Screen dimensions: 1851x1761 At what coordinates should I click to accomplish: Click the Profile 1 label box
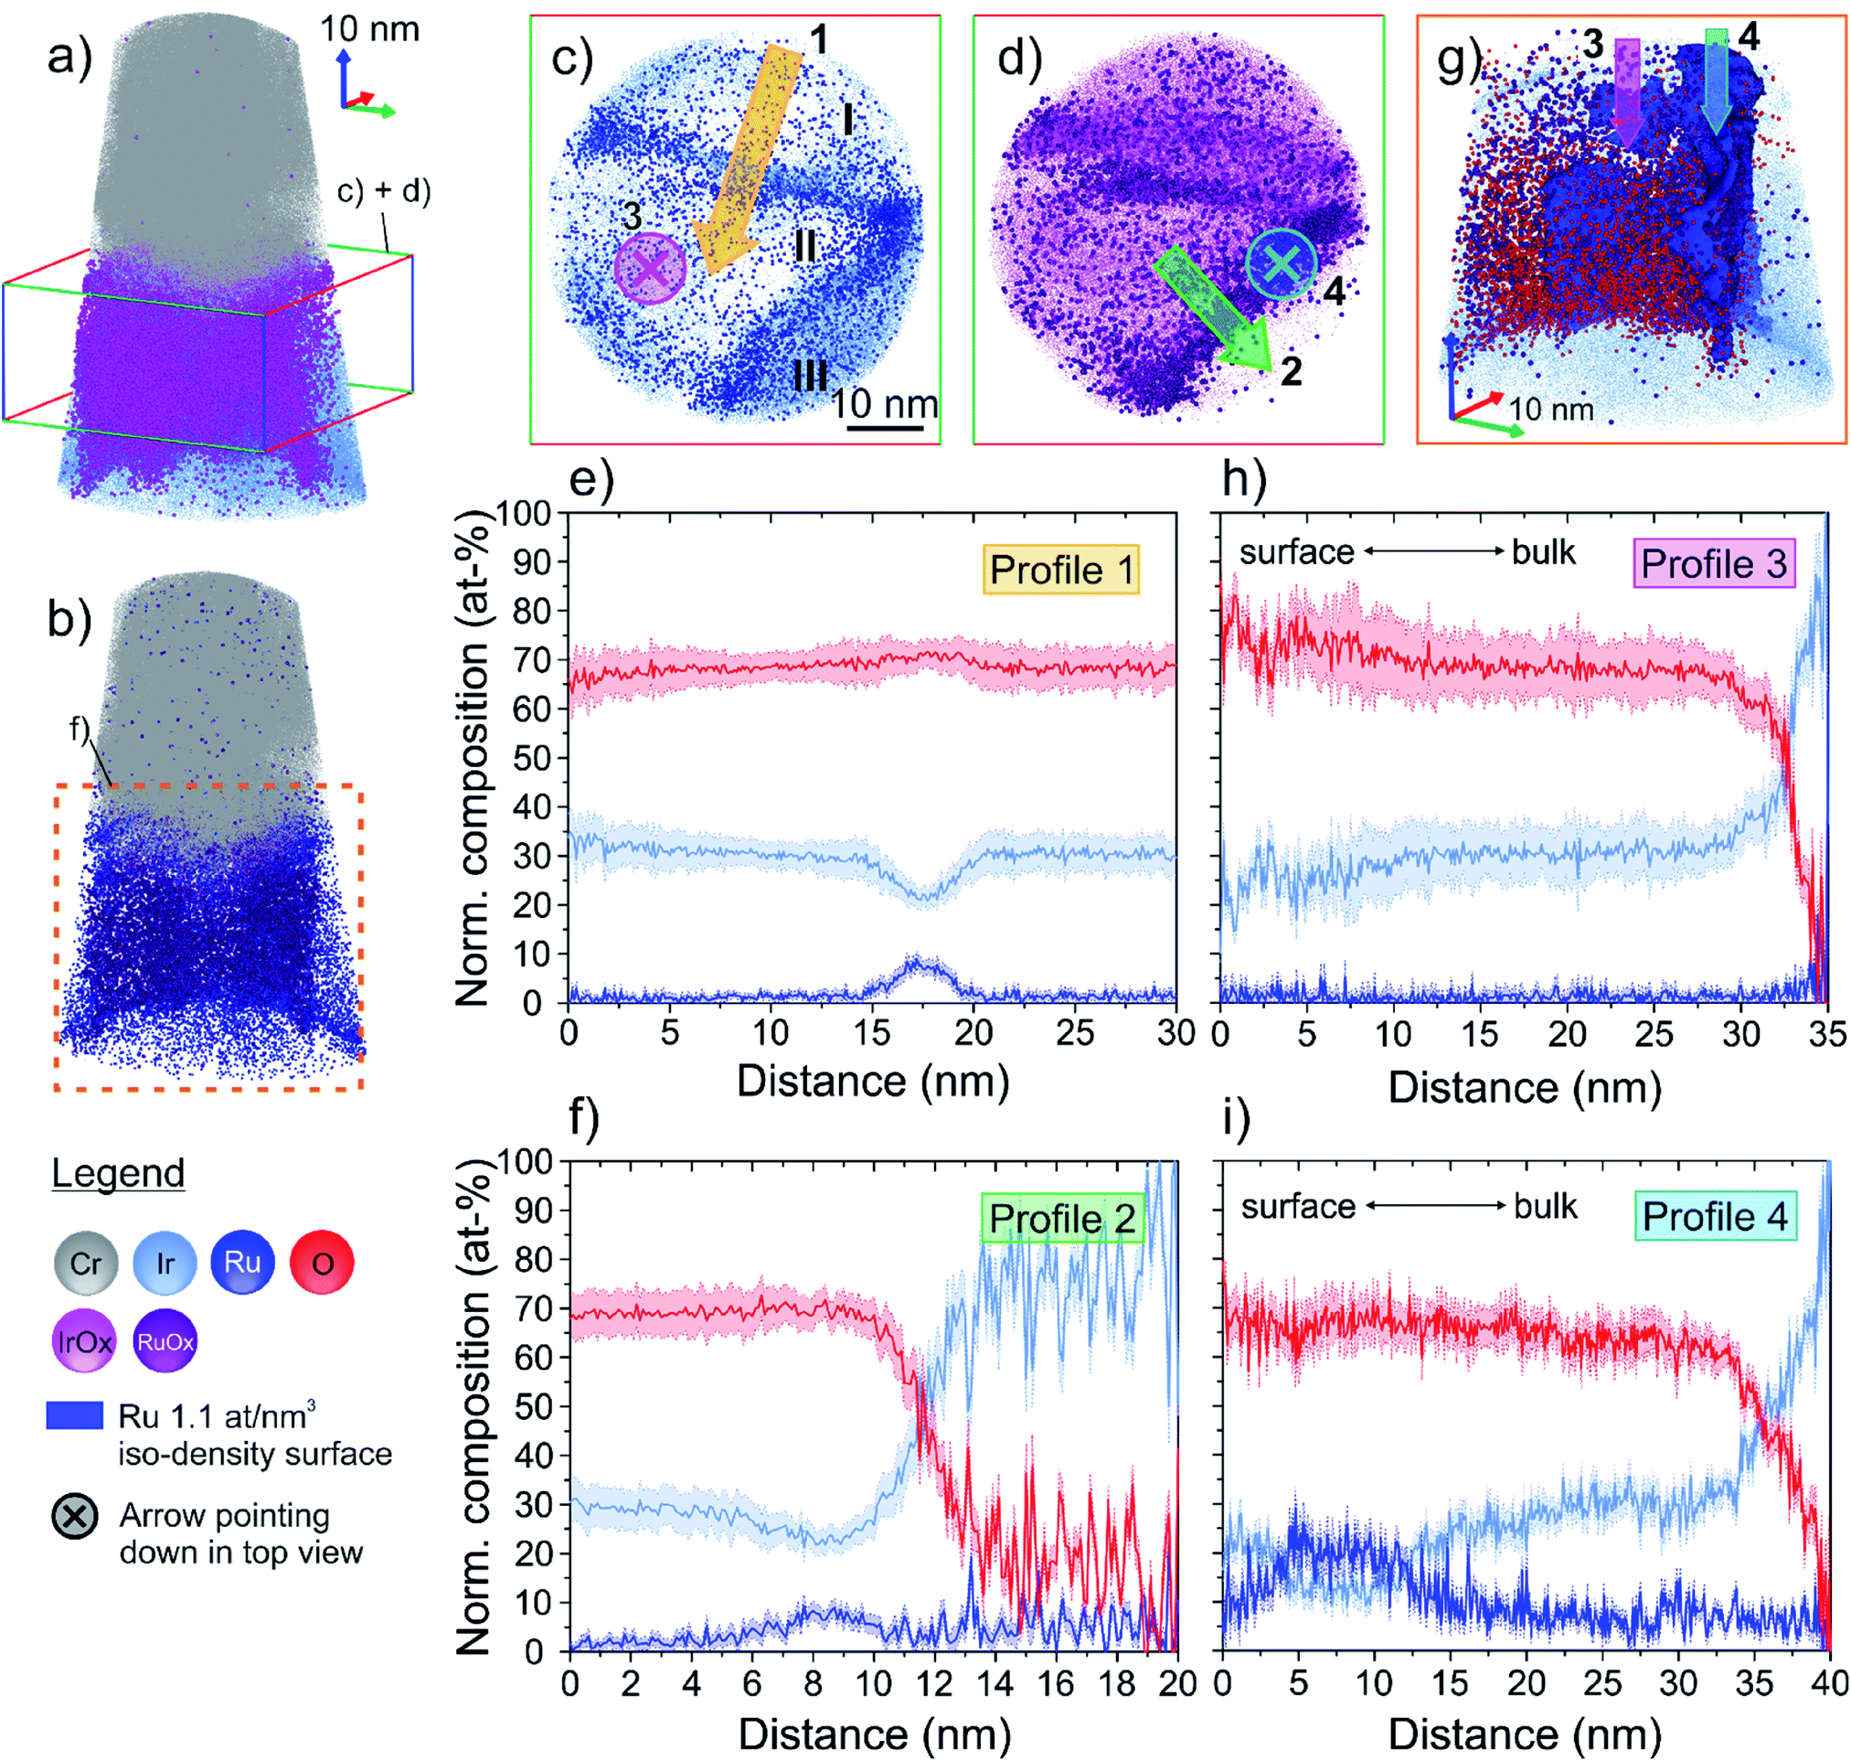[x=1061, y=570]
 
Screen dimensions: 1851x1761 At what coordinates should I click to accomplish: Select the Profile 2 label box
[x=1061, y=1220]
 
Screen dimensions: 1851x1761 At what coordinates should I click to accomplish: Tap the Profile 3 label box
[x=1713, y=563]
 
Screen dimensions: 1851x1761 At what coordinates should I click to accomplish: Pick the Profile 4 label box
[x=1715, y=1217]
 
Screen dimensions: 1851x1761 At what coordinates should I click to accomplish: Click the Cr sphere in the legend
[x=85, y=1263]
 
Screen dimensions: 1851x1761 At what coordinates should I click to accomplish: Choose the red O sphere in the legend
[x=322, y=1263]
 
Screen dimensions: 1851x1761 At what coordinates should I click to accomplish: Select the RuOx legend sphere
[x=165, y=1341]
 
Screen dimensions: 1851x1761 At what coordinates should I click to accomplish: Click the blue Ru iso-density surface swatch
[x=75, y=1415]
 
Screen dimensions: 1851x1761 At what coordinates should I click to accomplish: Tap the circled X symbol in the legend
[x=75, y=1517]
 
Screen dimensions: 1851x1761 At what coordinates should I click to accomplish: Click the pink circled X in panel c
[x=651, y=270]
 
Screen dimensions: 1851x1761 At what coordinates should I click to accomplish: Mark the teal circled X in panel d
[x=1282, y=263]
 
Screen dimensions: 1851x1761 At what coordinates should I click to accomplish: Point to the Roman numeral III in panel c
[x=810, y=376]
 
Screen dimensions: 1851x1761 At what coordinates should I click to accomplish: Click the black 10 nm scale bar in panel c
[x=885, y=428]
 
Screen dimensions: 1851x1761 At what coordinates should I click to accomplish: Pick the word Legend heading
[x=118, y=1173]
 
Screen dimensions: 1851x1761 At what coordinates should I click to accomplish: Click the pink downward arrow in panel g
[x=1627, y=92]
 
